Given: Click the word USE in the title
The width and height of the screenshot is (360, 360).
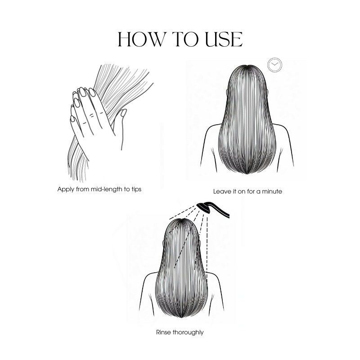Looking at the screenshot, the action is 224,39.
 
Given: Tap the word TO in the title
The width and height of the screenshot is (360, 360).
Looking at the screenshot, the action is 185,39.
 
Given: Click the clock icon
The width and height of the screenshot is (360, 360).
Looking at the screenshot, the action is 274,65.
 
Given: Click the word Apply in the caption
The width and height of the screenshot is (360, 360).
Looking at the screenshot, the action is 66,189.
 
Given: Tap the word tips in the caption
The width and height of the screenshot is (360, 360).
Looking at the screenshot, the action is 136,189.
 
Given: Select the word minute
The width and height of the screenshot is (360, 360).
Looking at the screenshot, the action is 272,192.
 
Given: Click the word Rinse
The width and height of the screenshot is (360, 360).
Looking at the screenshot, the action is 163,332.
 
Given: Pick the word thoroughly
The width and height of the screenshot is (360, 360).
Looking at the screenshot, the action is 188,333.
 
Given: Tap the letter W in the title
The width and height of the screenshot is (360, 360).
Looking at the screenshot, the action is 155,39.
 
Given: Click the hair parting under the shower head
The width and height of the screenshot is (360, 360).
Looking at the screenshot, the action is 181,220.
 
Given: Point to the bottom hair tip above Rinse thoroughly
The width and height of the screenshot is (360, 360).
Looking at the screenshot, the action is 182,318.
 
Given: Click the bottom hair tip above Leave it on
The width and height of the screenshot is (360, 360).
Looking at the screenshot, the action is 247,174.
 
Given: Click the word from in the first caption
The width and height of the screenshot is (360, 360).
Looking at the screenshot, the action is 82,189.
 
